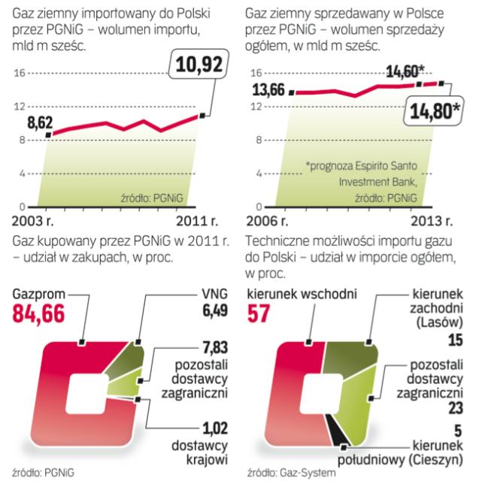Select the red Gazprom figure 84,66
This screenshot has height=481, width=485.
[x=39, y=313]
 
